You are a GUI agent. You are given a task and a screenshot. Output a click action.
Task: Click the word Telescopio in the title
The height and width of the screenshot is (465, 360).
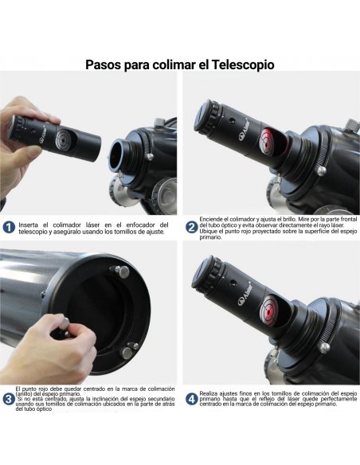[x=242, y=64]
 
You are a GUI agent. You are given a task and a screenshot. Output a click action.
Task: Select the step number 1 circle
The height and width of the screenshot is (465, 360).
[x=9, y=227]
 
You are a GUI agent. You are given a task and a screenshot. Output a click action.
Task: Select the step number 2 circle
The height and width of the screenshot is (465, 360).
[x=191, y=226]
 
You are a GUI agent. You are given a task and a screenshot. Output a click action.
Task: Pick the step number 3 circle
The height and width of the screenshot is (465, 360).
[x=9, y=397]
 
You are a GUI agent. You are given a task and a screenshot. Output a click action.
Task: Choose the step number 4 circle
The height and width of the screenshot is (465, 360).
[x=191, y=398]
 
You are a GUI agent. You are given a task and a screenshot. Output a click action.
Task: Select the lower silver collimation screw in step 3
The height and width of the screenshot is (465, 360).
[x=127, y=348]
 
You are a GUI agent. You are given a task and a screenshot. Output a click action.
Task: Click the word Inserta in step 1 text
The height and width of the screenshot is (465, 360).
[x=29, y=224]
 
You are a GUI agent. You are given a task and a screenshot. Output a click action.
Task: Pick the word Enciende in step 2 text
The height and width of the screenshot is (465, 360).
[x=213, y=217]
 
